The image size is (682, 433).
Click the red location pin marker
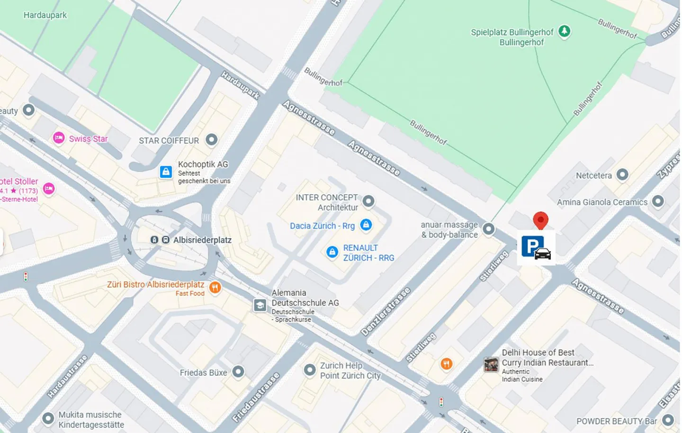tap(540, 220)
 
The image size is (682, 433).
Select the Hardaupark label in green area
tap(45, 15)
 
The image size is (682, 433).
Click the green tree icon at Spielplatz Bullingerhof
tap(564, 31)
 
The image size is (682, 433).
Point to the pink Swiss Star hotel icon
tap(59, 138)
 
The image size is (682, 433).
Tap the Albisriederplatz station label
tap(202, 240)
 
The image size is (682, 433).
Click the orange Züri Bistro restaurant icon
tap(215, 288)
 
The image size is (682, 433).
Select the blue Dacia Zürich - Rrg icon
tap(366, 225)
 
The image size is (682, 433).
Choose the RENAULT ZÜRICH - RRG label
tap(368, 253)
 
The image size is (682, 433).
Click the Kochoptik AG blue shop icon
tap(166, 171)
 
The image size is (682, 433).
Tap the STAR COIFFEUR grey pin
tap(211, 140)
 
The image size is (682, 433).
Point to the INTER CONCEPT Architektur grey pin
tap(368, 201)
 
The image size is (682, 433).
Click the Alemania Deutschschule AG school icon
tap(260, 305)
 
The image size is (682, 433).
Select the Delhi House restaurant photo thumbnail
tap(491, 364)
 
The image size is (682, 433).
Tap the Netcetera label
tap(593, 175)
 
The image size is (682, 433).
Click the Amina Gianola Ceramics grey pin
tap(657, 201)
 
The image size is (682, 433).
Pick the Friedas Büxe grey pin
tap(238, 372)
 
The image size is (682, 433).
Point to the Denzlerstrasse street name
tap(386, 312)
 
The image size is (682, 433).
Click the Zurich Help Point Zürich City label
tap(350, 370)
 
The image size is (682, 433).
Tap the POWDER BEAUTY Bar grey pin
tap(668, 420)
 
